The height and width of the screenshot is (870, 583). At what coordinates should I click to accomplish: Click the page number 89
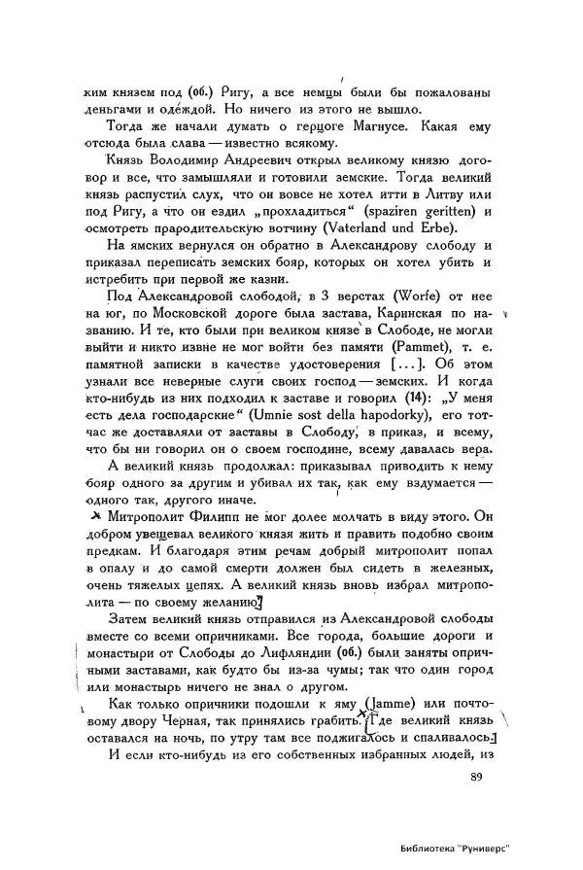click(475, 776)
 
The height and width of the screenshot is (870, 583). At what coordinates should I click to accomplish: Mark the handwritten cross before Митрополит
click(94, 515)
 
